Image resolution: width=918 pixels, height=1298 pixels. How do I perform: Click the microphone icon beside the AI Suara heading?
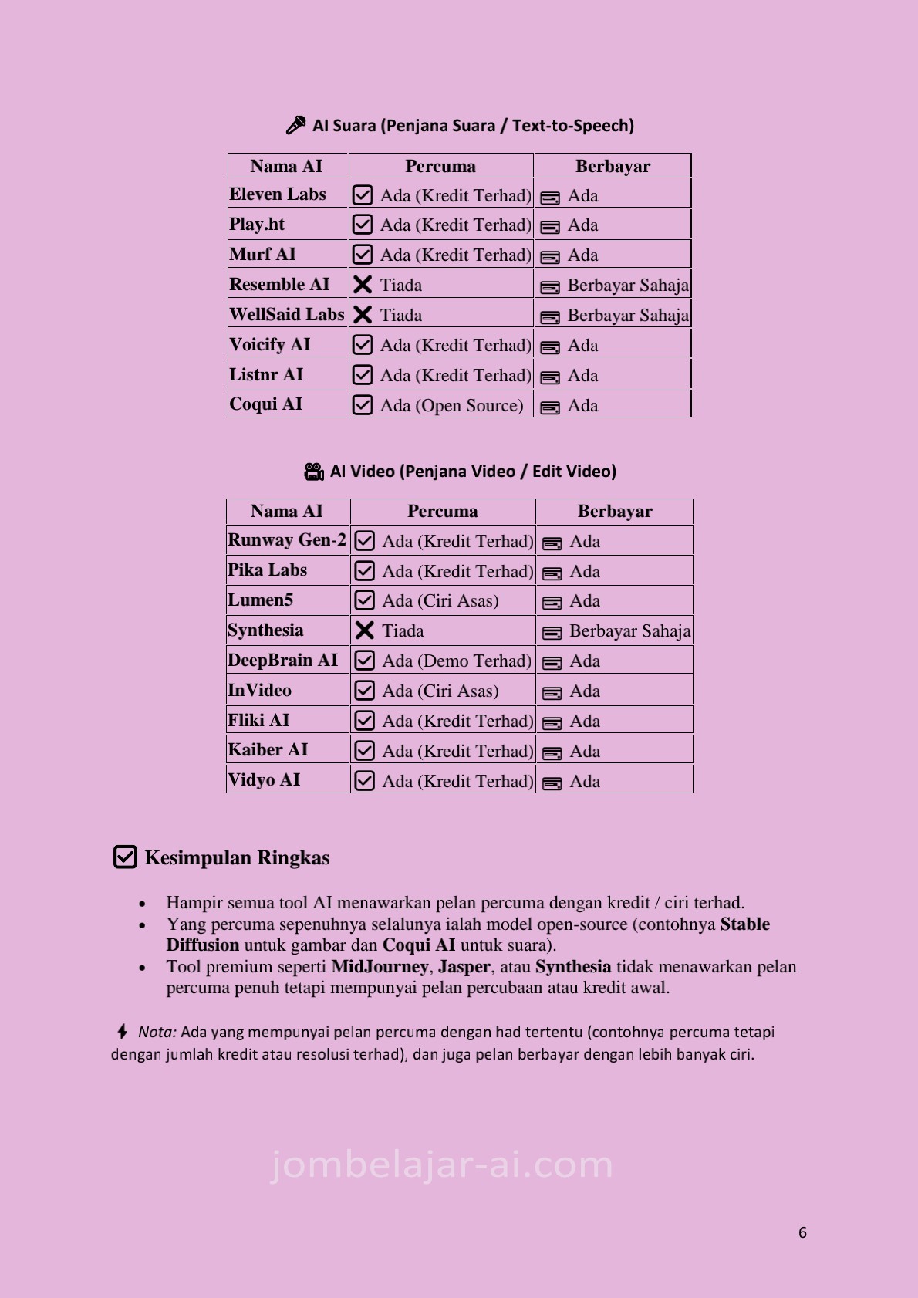(x=295, y=125)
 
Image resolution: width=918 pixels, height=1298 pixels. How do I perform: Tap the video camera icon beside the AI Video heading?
(x=314, y=472)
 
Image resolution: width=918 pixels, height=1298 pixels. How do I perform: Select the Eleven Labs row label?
(x=278, y=194)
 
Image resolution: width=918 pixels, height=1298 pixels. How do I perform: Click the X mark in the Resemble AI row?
(x=363, y=285)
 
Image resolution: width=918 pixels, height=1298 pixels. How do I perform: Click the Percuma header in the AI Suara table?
(x=440, y=166)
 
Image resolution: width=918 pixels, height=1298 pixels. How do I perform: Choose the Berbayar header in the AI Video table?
(x=615, y=511)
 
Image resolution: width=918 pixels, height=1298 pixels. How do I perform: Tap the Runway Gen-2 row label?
(x=287, y=540)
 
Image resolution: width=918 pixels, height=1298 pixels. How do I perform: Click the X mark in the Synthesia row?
(x=365, y=630)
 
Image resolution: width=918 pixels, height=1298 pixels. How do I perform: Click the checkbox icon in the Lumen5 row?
(x=365, y=600)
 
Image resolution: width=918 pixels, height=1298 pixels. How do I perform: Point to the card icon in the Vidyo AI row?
(x=552, y=783)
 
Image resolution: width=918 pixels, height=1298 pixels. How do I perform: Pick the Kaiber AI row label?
(x=268, y=749)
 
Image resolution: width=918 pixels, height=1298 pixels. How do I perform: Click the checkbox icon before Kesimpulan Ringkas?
(x=125, y=857)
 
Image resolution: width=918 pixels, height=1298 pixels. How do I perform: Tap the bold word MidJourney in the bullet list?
(x=380, y=966)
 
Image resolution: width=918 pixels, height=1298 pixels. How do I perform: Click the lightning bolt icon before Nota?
(x=122, y=1032)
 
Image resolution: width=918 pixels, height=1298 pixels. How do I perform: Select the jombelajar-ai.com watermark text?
(x=442, y=1164)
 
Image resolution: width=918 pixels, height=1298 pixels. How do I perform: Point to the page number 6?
(x=802, y=1232)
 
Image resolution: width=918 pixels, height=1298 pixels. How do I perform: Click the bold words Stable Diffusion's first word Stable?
(x=744, y=924)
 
